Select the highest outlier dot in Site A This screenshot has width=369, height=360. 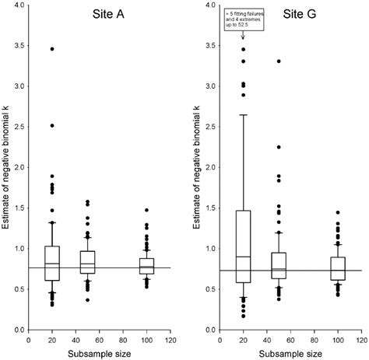pos(52,49)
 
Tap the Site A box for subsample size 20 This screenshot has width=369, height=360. pos(52,267)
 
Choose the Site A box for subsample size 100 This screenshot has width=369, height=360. pos(147,266)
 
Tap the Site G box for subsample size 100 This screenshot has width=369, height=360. pos(338,269)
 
